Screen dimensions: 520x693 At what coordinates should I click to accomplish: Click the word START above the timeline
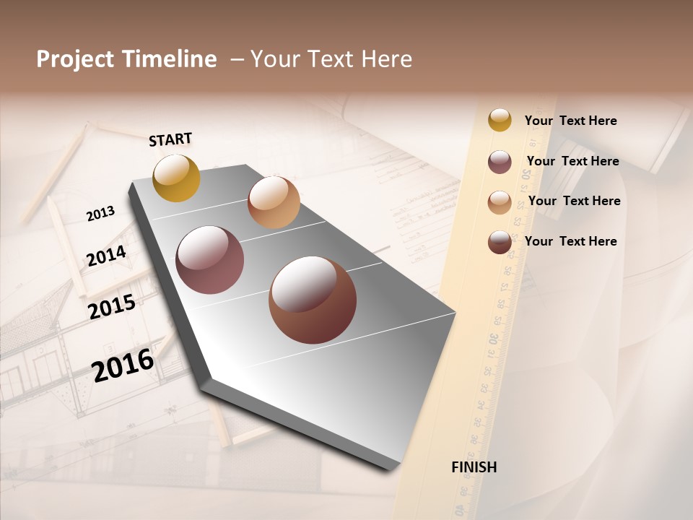coord(170,139)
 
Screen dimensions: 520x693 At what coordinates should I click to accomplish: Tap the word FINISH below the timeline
coord(474,467)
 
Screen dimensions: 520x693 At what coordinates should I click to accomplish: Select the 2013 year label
coord(100,214)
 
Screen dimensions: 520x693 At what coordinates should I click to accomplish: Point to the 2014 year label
coord(107,256)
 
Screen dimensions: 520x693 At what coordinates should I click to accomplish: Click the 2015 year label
coord(112,307)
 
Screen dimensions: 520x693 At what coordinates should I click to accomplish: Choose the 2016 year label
coord(123,365)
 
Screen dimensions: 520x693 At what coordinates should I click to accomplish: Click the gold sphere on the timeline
coord(176,178)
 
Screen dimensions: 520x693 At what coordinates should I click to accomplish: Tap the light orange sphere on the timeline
coord(274,202)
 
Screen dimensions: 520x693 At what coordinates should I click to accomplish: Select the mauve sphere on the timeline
coord(210,260)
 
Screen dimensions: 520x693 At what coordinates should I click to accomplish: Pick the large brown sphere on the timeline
coord(313,300)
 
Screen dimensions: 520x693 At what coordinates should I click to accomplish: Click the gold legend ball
coord(500,120)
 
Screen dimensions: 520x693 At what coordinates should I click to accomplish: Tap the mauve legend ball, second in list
coord(500,162)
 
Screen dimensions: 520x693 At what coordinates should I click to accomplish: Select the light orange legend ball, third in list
coord(500,202)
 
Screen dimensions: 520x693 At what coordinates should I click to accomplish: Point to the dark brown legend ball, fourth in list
coord(500,243)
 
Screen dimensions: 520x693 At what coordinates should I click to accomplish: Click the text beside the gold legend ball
coord(570,121)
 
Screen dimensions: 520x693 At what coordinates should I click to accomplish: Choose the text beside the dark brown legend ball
coord(570,241)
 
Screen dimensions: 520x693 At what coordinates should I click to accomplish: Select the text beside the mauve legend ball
coord(572,161)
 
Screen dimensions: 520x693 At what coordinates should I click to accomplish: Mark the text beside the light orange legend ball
coord(574,201)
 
